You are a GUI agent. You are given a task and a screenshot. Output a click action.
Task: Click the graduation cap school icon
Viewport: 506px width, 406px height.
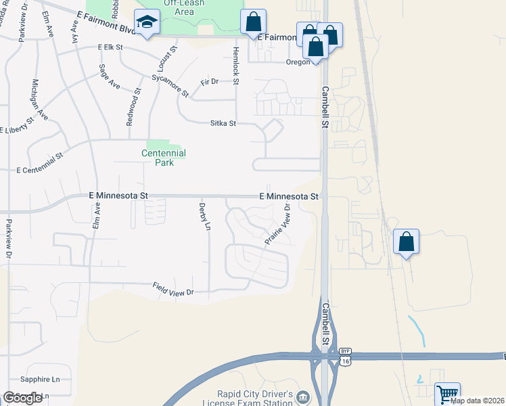[145, 23]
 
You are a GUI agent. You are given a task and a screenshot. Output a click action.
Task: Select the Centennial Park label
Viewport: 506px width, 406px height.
[164, 158]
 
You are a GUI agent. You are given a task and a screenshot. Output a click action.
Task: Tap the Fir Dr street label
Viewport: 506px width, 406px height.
[210, 82]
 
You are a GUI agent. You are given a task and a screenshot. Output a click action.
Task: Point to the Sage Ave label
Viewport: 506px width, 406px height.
[109, 76]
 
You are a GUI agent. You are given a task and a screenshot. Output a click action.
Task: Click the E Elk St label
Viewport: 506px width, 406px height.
[110, 47]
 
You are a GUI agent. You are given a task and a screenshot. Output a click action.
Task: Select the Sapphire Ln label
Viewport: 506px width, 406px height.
[41, 380]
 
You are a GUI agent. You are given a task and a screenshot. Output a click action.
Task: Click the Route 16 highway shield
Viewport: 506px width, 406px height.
[345, 362]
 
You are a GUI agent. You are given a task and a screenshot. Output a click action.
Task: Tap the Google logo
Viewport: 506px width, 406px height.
[22, 398]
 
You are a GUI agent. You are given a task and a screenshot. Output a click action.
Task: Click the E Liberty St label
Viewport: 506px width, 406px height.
[18, 126]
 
